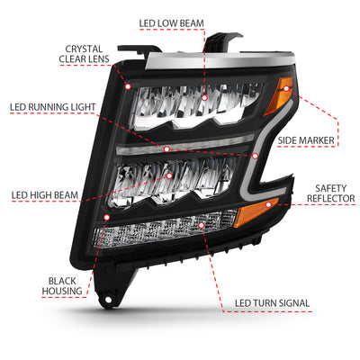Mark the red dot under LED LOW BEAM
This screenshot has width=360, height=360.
[205, 94]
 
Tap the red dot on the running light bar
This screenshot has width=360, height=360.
[166, 147]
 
